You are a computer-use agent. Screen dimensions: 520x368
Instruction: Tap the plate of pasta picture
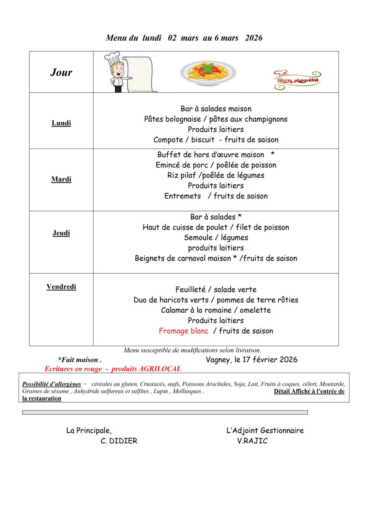208,72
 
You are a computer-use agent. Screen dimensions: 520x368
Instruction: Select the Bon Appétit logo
297,80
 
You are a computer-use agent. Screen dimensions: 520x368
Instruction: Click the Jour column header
61,72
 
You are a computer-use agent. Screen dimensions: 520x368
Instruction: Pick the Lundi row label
61,123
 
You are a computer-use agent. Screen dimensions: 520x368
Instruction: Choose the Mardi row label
61,179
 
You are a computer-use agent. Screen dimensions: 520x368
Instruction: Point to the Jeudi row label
61,233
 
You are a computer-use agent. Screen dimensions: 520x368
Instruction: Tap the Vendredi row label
61,287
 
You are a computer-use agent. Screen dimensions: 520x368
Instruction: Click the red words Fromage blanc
183,331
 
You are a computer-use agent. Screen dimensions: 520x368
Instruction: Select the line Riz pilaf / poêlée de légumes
216,175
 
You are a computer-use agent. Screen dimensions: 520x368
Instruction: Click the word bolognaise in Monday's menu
184,119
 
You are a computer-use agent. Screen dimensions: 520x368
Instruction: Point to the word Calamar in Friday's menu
174,310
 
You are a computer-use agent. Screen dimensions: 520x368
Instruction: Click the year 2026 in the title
254,38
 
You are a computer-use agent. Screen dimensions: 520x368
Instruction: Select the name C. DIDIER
119,441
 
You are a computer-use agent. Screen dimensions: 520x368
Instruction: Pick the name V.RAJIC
252,441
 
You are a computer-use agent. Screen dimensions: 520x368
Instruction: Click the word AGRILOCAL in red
160,369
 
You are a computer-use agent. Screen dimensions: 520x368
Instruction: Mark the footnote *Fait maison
79,360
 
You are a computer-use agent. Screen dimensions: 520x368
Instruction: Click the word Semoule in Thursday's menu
198,238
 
